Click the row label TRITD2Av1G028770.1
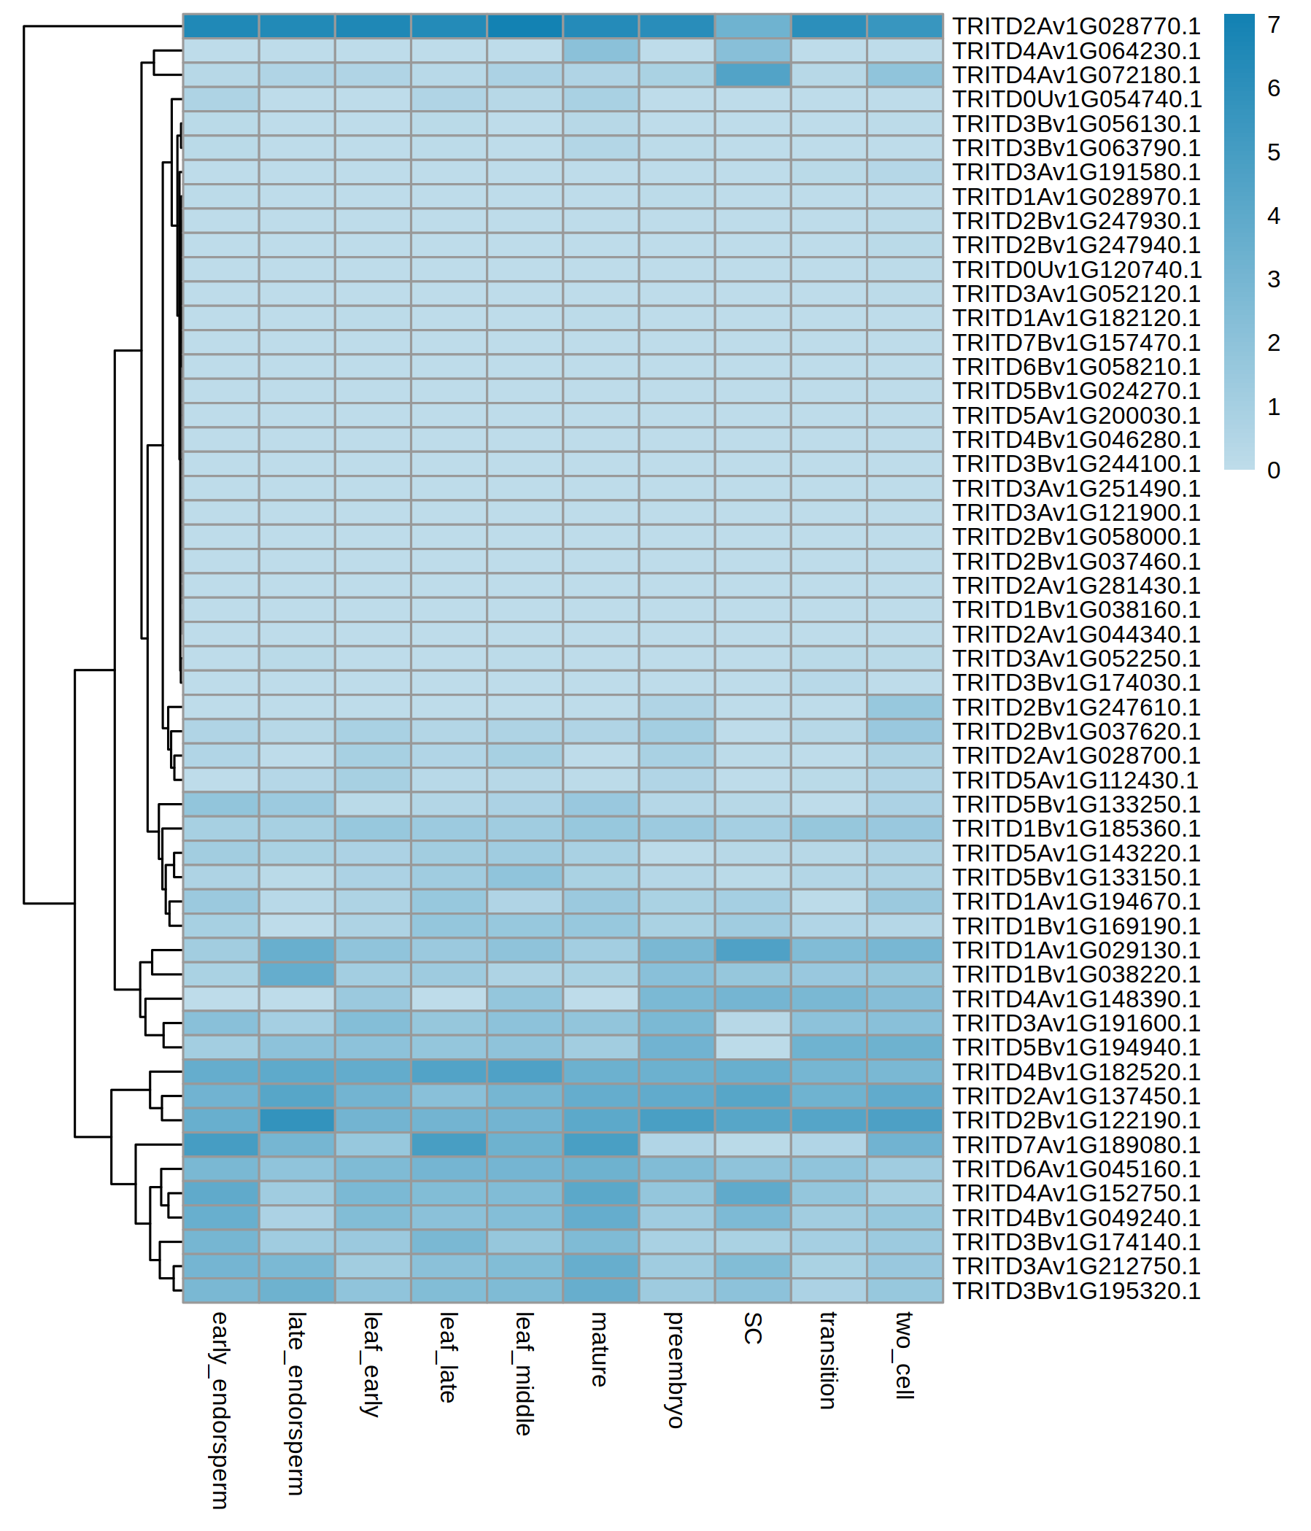pyautogui.click(x=1075, y=26)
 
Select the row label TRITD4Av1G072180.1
pyautogui.click(x=1075, y=75)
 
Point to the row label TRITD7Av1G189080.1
pyautogui.click(x=1075, y=1145)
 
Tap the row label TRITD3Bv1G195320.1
pyautogui.click(x=1075, y=1291)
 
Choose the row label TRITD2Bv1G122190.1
pyautogui.click(x=1075, y=1121)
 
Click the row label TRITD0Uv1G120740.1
pyautogui.click(x=1077, y=270)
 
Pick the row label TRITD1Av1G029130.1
pyautogui.click(x=1075, y=950)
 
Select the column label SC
pyautogui.click(x=752, y=1328)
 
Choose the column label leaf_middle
pyautogui.click(x=524, y=1373)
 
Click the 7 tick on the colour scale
pyautogui.click(x=1273, y=25)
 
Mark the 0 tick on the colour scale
pyautogui.click(x=1273, y=470)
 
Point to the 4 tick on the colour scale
pyautogui.click(x=1273, y=216)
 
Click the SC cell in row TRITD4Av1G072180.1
pyautogui.click(x=752, y=75)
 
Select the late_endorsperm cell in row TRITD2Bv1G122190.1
pyautogui.click(x=296, y=1121)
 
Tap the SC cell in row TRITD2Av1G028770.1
pyautogui.click(x=752, y=26)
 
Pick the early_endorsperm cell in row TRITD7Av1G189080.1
pyautogui.click(x=220, y=1145)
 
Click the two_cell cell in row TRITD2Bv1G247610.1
pyautogui.click(x=905, y=707)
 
